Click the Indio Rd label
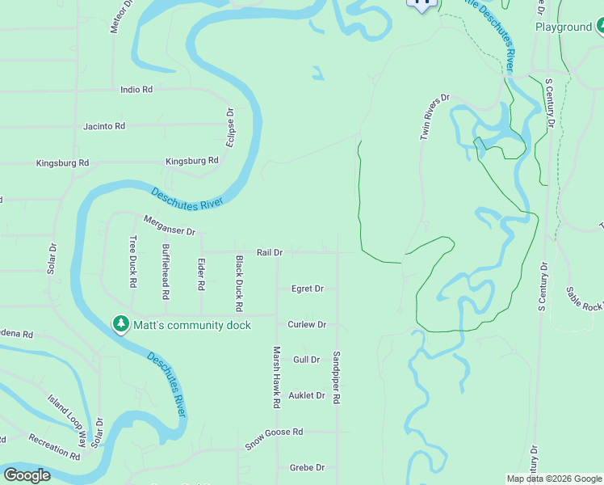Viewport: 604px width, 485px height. [136, 90]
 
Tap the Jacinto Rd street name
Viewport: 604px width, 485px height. [104, 126]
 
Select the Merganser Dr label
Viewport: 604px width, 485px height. [170, 226]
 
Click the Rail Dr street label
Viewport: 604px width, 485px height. [270, 252]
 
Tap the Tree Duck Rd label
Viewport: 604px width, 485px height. [133, 261]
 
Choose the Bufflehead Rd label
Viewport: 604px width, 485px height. [166, 268]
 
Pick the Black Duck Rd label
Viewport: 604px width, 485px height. [239, 284]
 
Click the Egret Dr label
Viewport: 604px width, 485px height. [307, 289]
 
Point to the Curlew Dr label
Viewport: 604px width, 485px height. [307, 325]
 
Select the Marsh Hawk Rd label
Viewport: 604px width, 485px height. [276, 376]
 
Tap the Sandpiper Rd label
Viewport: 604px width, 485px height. [337, 377]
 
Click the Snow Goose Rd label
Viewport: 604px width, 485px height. [274, 432]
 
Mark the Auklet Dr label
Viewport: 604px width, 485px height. [307, 395]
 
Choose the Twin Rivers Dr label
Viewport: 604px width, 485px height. [434, 118]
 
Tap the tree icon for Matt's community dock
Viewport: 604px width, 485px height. [120, 324]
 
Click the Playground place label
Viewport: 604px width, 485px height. [564, 27]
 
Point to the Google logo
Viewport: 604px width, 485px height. [27, 475]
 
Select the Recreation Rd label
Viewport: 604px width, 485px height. [54, 447]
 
